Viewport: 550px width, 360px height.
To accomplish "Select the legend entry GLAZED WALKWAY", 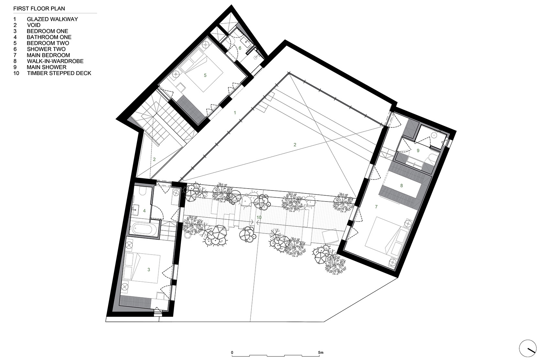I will (52, 19).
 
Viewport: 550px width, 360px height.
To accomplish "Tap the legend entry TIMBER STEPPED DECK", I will (59, 73).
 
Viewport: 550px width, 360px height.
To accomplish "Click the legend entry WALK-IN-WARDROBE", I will (55, 61).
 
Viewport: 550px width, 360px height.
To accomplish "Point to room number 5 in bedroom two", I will (205, 75).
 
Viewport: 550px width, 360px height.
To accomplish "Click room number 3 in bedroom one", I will (148, 269).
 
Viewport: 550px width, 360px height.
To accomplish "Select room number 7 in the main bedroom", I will (376, 206).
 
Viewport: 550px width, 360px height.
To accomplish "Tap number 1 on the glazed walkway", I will (235, 113).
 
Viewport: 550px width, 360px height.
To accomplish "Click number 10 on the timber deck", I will (259, 217).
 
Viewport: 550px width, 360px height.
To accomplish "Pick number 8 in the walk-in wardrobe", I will (401, 186).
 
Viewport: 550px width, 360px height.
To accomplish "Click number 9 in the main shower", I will (418, 150).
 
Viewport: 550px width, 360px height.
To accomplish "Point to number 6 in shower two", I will (240, 48).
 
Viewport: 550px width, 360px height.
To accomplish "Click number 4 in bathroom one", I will (144, 211).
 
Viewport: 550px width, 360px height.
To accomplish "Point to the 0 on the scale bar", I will (232, 352).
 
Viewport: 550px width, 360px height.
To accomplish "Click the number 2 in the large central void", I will (295, 145).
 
